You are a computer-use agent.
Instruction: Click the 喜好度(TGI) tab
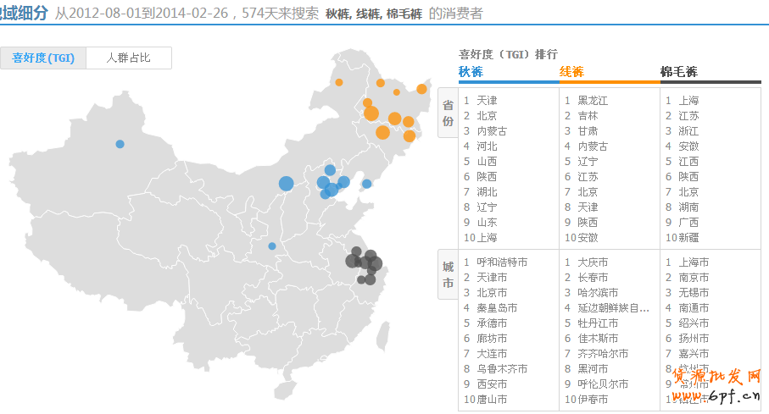[43, 58]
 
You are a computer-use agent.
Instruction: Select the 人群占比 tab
[128, 58]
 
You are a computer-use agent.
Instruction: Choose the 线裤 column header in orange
[571, 72]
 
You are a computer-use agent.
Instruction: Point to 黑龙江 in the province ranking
[593, 101]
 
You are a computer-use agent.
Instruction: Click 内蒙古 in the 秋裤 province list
[492, 131]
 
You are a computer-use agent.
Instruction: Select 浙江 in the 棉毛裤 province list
[688, 131]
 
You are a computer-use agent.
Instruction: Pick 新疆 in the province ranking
[688, 238]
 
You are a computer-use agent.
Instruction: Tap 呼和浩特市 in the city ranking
[501, 262]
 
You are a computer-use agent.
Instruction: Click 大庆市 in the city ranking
[593, 262]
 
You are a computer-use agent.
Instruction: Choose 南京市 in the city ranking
[694, 278]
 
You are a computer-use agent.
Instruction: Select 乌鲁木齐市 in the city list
[501, 369]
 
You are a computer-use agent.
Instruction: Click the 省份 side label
[448, 114]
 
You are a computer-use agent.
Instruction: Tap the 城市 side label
[448, 275]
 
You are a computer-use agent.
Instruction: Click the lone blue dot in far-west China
[120, 144]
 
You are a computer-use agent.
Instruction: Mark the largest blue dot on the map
[286, 183]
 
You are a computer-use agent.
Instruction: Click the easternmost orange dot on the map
[421, 89]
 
